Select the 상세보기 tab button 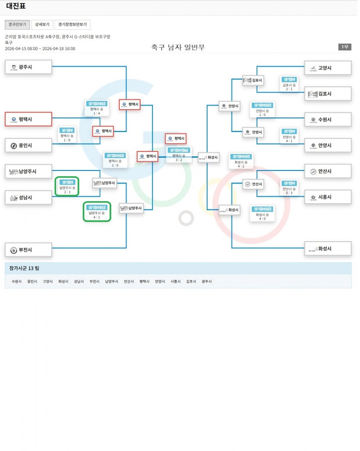coord(42,25)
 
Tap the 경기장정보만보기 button coord(72,25)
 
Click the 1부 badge coord(344,47)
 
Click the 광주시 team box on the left coord(28,67)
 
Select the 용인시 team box coord(28,145)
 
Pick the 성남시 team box coord(28,198)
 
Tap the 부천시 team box coord(28,250)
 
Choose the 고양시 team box coord(328,68)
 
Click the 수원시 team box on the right coord(328,120)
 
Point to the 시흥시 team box coord(328,197)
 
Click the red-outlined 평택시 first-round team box coord(28,119)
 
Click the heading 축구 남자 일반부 coord(178,47)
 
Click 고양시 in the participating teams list coord(47,281)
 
